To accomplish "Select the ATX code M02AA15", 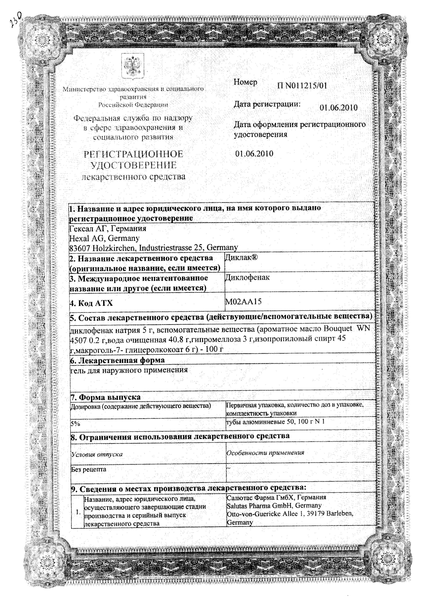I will point(243,302).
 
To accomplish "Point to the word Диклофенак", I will point(247,277).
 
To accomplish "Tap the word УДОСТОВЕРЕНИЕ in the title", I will point(133,165).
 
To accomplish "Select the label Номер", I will point(245,82).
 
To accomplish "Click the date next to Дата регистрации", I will point(339,108).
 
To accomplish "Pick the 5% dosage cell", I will point(75,424).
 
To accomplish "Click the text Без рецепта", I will point(89,469).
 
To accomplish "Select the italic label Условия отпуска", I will point(97,454).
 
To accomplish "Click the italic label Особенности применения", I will point(265,453).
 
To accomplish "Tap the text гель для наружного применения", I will point(129,370).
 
